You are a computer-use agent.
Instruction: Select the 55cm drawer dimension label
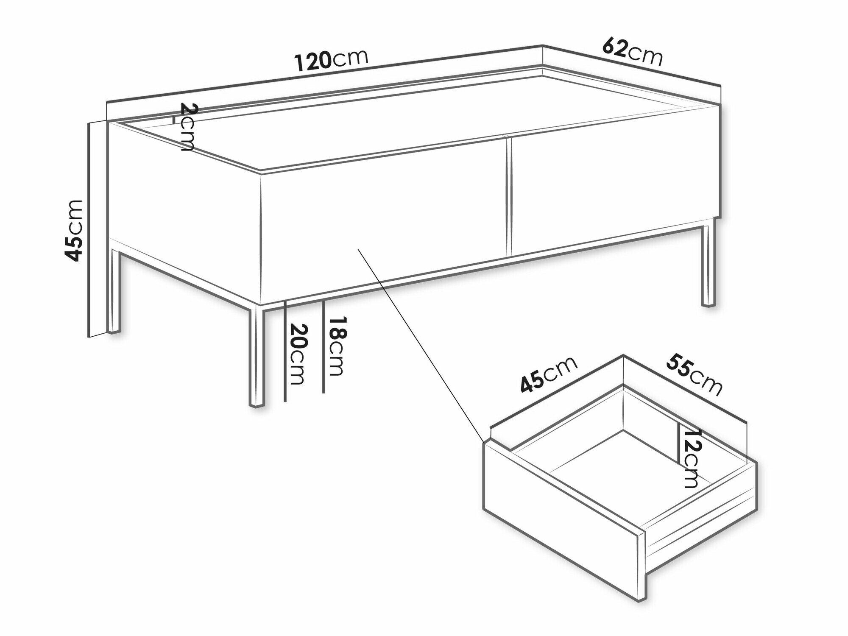coord(694,374)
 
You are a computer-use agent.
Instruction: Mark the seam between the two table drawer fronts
coord(509,195)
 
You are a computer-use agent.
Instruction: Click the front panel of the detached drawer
coord(564,519)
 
